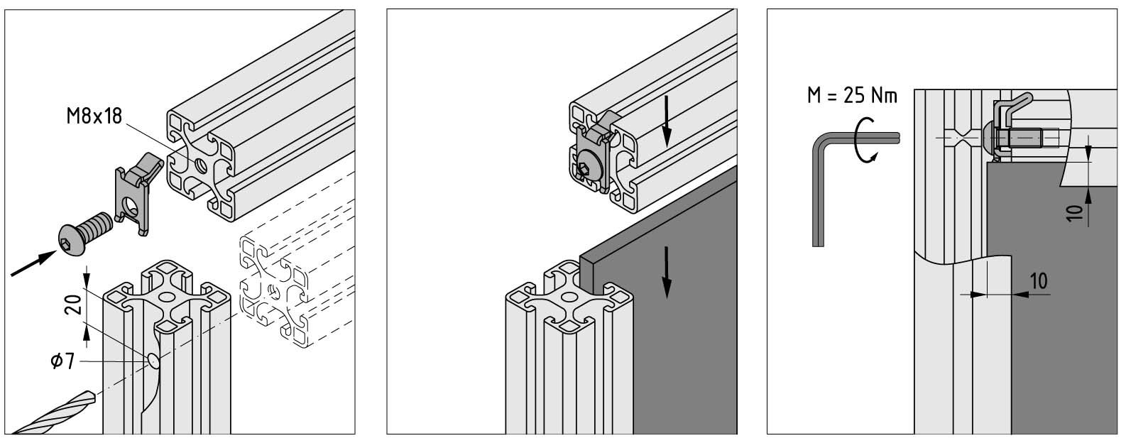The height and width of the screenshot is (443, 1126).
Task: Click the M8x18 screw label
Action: click(94, 116)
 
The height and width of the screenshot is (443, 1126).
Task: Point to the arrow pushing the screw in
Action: click(33, 263)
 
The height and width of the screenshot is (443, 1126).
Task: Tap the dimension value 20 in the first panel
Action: click(75, 305)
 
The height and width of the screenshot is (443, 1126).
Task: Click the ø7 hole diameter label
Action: click(63, 361)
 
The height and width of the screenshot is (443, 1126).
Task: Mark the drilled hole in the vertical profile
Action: click(153, 359)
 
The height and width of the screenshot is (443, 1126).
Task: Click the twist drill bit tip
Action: click(92, 397)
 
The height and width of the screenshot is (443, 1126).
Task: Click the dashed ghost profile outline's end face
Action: click(274, 292)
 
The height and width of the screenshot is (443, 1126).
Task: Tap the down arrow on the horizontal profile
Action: click(667, 121)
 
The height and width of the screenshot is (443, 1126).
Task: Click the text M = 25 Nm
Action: click(852, 96)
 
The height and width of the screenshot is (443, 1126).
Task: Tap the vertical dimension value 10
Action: click(1074, 213)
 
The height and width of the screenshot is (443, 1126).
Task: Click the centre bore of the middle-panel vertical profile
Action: click(569, 297)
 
